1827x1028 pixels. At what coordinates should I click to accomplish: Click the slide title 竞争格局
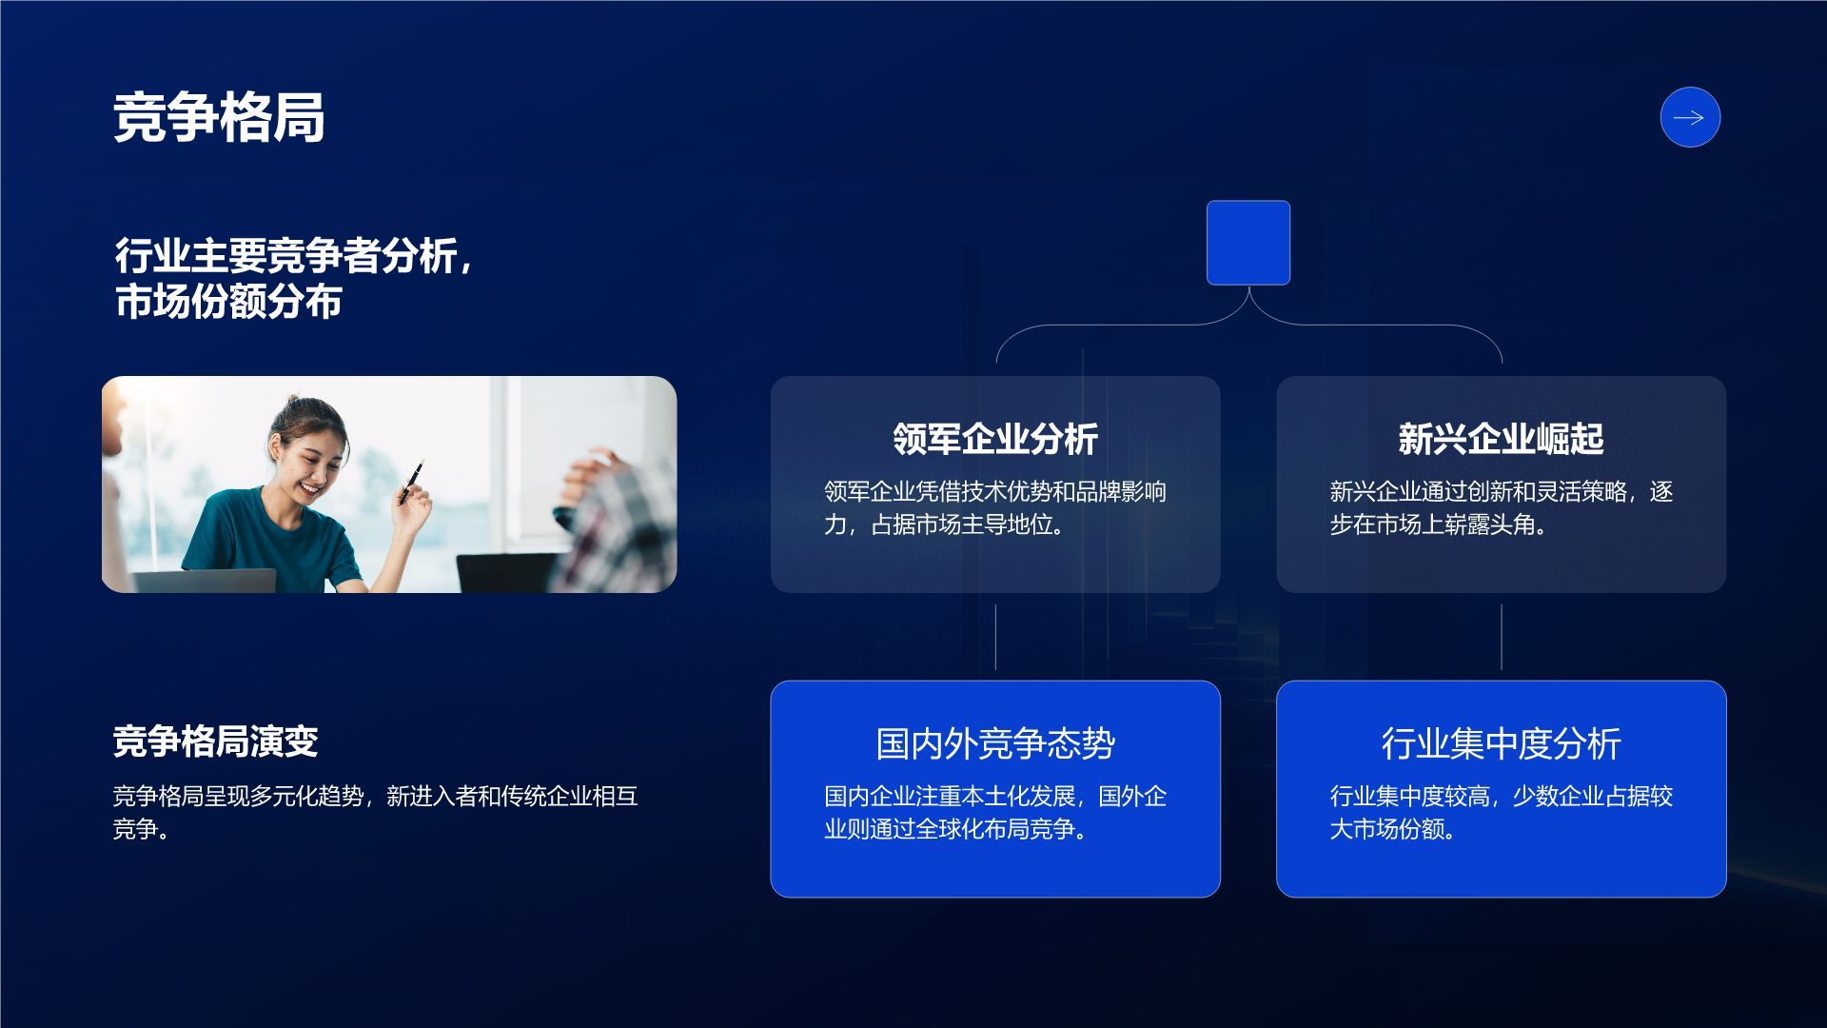pyautogui.click(x=219, y=118)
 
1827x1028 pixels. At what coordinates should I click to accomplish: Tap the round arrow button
pyautogui.click(x=1689, y=118)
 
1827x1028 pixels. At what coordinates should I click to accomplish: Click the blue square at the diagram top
pyautogui.click(x=1247, y=243)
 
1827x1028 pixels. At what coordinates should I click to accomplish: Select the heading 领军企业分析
pyautogui.click(x=994, y=439)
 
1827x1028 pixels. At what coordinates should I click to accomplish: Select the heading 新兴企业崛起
pyautogui.click(x=1501, y=439)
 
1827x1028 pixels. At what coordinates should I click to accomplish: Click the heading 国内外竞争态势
pyautogui.click(x=994, y=743)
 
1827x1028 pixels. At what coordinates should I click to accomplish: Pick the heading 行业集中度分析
pyautogui.click(x=1501, y=743)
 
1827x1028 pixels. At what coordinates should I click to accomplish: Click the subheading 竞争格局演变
pyautogui.click(x=215, y=741)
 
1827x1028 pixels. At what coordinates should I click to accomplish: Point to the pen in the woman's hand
pyautogui.click(x=412, y=482)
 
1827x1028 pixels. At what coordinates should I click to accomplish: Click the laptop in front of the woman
pyautogui.click(x=205, y=580)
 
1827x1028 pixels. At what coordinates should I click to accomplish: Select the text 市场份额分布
pyautogui.click(x=228, y=302)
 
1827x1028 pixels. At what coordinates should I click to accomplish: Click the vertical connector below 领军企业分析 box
pyautogui.click(x=995, y=636)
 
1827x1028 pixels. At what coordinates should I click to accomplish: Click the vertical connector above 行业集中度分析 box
pyautogui.click(x=1502, y=636)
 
